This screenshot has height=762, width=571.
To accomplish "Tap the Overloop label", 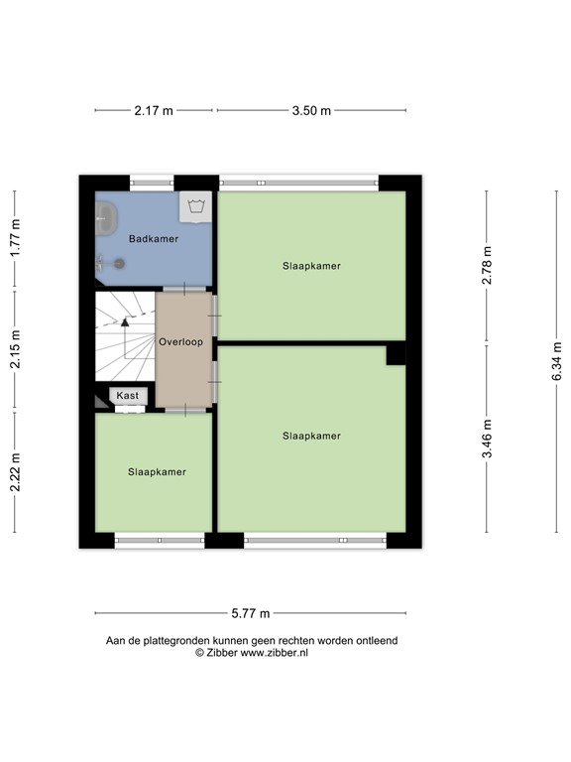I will pos(180,342).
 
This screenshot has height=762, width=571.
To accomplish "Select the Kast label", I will pos(128,396).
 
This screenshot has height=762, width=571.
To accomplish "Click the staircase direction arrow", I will pos(125,321).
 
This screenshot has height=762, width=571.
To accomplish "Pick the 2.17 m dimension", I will pos(154,111).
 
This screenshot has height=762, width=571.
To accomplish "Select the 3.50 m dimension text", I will pos(311,111).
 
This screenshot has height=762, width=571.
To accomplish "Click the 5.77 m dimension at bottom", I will pos(250,614).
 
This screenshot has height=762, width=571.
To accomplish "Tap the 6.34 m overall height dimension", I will pos(557,361).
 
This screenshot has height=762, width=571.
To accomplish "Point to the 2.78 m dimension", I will pos(487,266).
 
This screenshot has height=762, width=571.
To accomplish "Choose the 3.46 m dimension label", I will pos(487,437).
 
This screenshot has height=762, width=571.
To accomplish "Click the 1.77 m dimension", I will pos(15,238).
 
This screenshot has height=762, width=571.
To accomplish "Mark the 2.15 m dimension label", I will pos(15,349).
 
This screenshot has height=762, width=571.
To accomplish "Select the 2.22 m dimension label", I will pos(15,471).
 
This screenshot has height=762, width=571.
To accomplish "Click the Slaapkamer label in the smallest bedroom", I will pos(157,472).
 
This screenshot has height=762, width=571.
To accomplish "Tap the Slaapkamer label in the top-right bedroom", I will pos(311,266).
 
